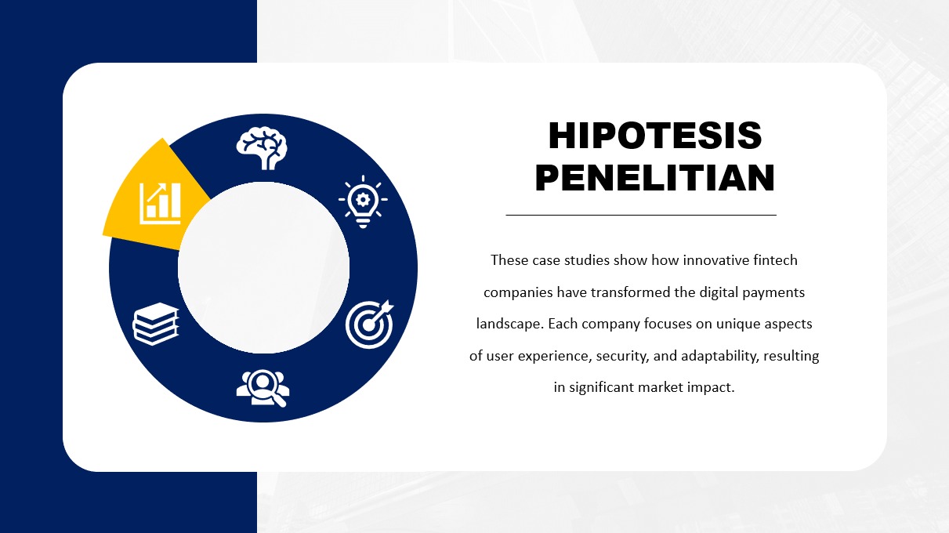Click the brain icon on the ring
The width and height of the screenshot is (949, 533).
(x=262, y=148)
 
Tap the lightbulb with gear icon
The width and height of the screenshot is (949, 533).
(x=363, y=201)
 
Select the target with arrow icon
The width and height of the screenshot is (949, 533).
(x=369, y=325)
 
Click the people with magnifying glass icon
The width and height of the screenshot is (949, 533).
(x=263, y=388)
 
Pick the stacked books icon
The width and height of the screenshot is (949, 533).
(x=155, y=324)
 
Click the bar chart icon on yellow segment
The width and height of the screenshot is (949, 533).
(x=160, y=203)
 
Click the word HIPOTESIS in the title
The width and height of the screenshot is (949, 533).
(x=655, y=136)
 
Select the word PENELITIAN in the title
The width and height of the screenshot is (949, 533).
(x=655, y=177)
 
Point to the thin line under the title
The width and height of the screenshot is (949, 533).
(x=641, y=216)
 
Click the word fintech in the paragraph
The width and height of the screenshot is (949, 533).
(x=775, y=259)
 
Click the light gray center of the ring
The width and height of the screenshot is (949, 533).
(x=263, y=268)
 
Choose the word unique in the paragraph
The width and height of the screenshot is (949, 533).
(x=735, y=325)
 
